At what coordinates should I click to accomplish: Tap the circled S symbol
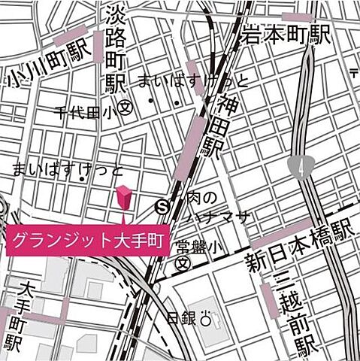click(x=162, y=205)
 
